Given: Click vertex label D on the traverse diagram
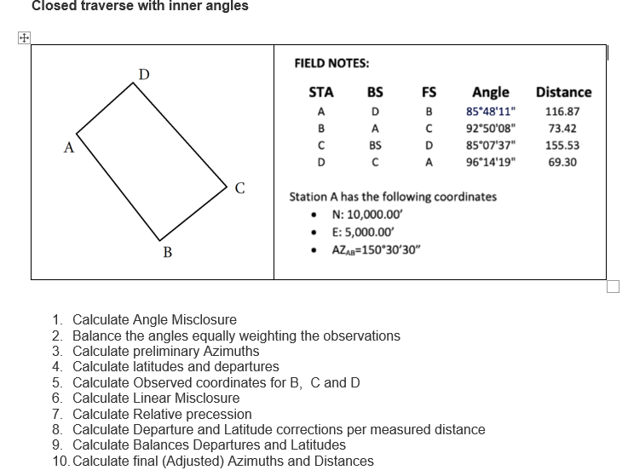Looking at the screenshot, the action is (145, 73).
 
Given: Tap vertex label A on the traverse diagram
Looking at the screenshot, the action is (68, 146).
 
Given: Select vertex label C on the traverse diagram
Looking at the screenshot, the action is (240, 189).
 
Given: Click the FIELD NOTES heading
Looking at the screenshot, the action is (331, 63).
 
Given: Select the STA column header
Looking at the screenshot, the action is (320, 92).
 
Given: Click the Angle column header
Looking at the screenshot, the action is (490, 92).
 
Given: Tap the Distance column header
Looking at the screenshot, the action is (563, 92).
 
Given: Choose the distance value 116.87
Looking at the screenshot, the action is (562, 112).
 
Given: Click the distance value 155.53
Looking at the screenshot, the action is (562, 146).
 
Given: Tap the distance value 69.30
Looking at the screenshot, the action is (562, 162).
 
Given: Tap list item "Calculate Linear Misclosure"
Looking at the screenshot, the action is (156, 398).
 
